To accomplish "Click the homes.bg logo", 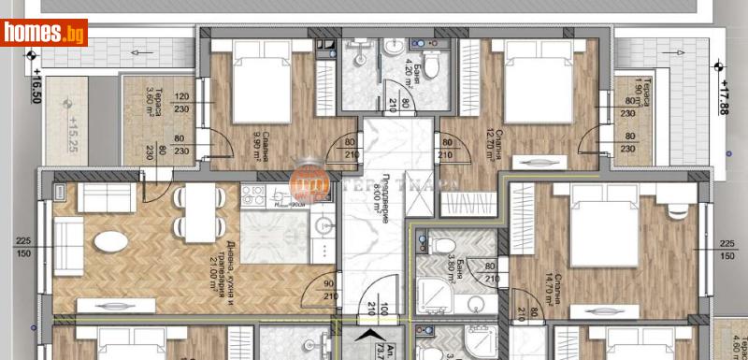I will [x=44, y=33].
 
